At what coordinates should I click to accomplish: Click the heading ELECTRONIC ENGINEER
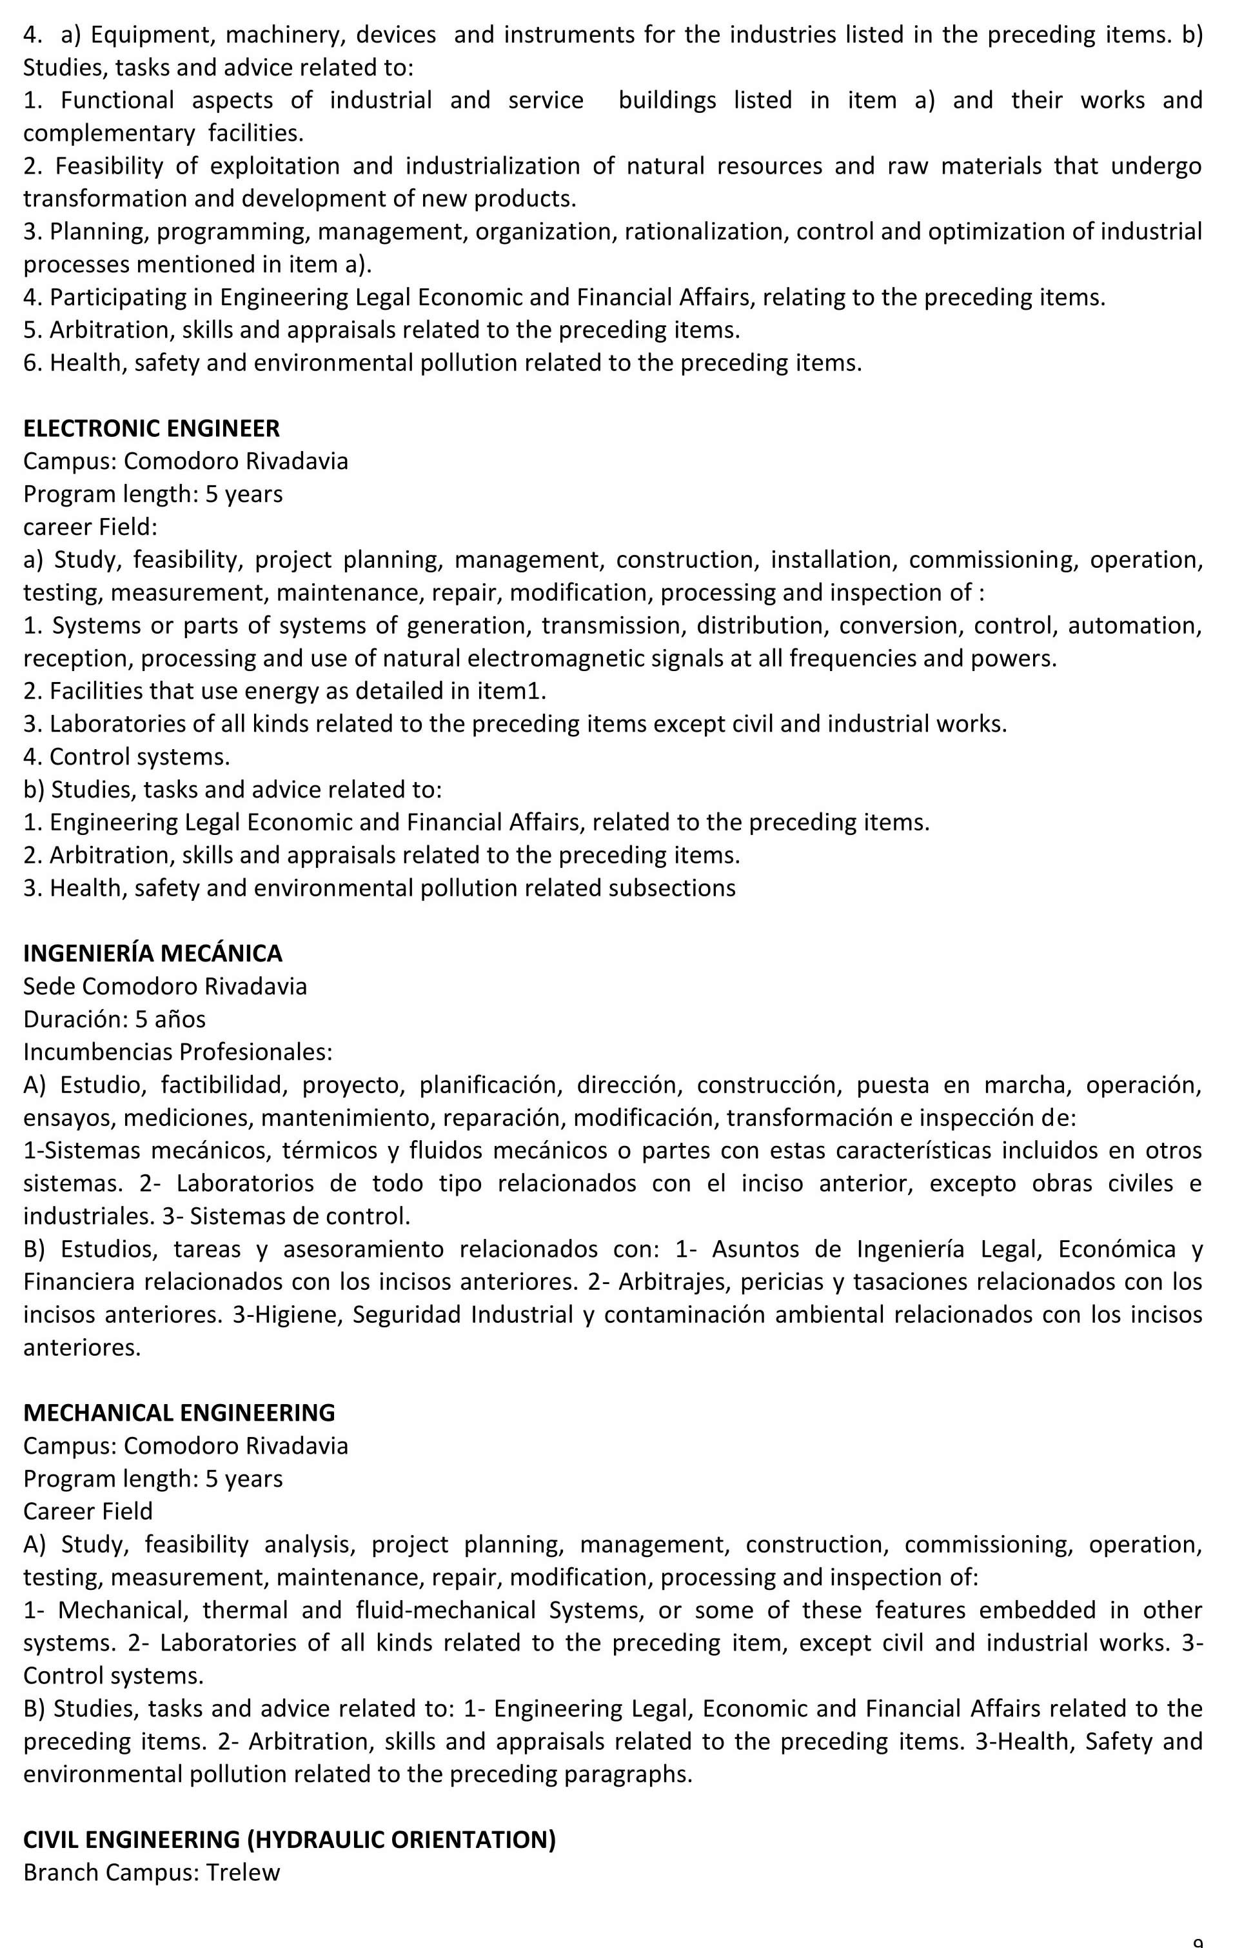coord(151,428)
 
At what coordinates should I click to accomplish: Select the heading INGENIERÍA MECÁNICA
coord(153,953)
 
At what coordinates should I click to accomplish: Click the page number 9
coord(1198,1942)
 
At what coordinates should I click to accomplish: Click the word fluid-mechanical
coord(446,1610)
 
